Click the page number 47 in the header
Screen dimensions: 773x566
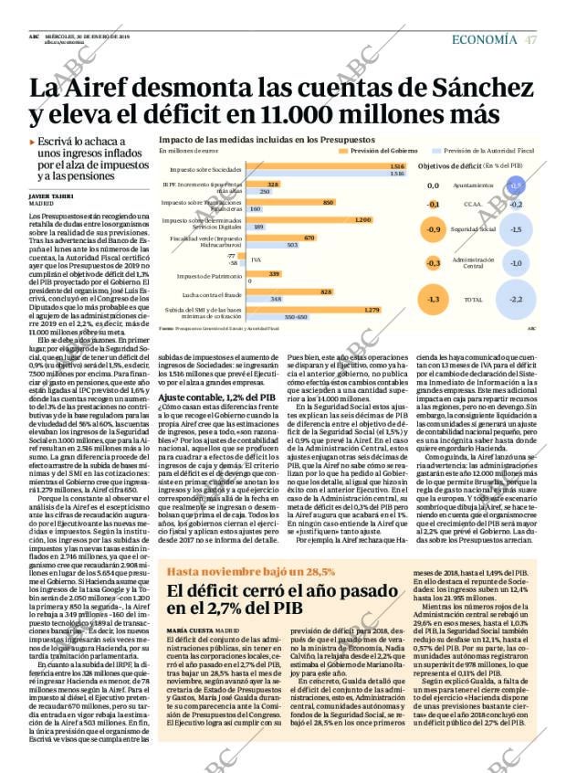[530, 39]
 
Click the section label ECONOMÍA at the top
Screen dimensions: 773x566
[487, 39]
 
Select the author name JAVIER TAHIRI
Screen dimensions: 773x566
[51, 196]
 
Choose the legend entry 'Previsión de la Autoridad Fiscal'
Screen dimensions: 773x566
[487, 150]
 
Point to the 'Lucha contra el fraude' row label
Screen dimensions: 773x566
[212, 295]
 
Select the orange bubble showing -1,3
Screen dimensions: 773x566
[434, 299]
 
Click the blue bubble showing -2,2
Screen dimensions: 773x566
[516, 299]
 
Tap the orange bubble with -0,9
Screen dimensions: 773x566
[434, 229]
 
